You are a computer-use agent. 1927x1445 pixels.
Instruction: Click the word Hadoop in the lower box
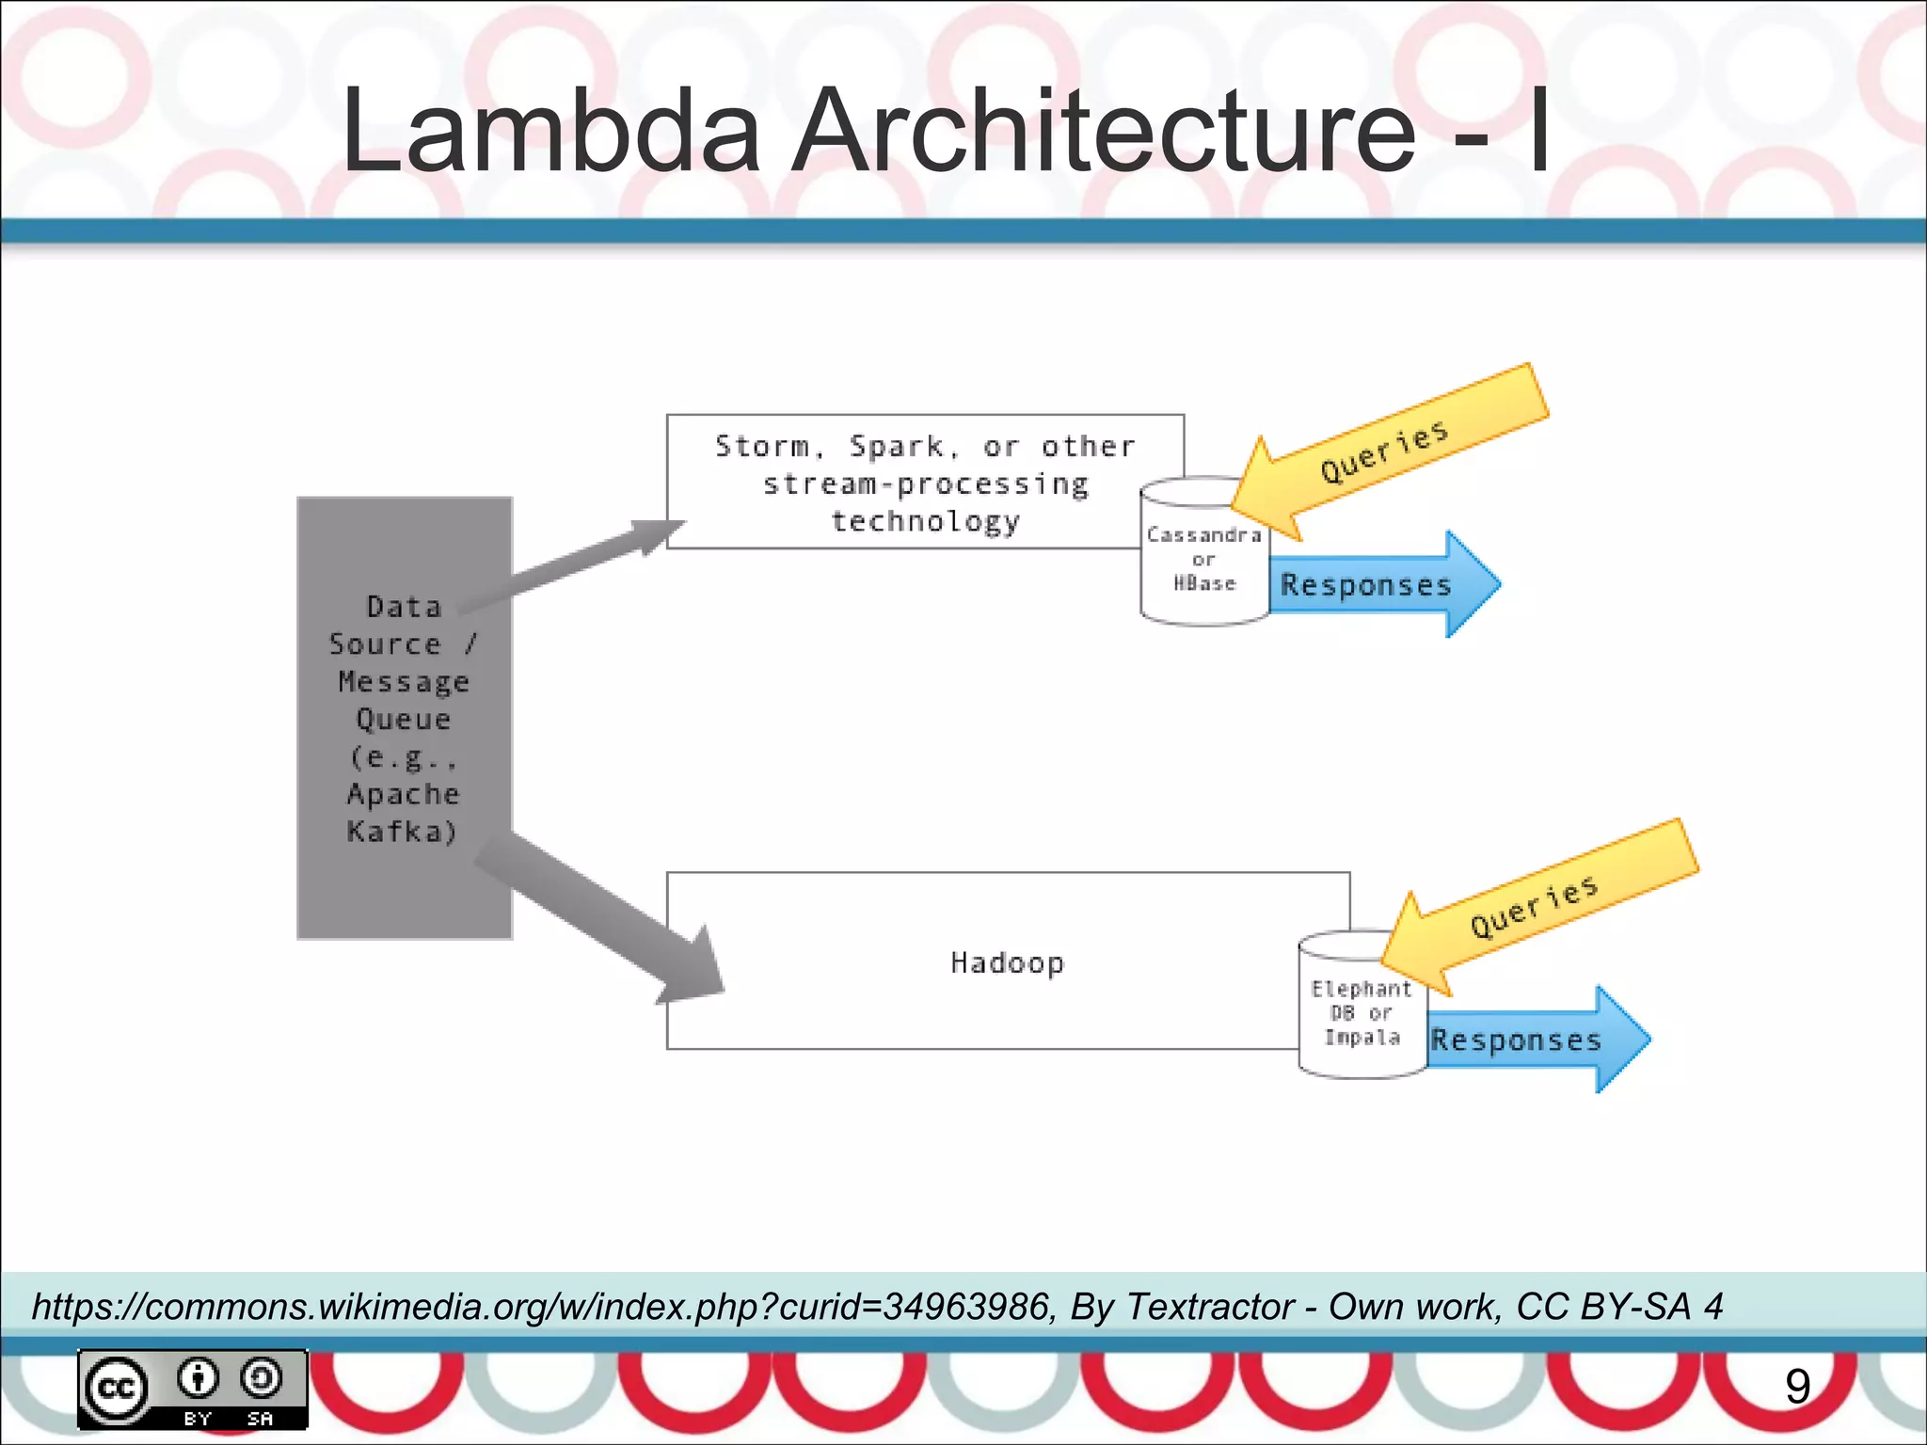[1007, 962]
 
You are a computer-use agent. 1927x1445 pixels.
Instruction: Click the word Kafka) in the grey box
[402, 832]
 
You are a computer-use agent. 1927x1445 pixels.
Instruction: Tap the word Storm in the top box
[761, 446]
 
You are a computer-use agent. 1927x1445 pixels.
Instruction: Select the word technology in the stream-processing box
[926, 521]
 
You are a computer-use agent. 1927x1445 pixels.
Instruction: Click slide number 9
[1797, 1387]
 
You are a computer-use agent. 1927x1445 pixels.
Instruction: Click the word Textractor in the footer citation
[1210, 1307]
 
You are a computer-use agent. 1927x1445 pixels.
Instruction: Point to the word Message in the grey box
[404, 681]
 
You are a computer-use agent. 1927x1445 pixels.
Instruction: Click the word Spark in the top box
[896, 446]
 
